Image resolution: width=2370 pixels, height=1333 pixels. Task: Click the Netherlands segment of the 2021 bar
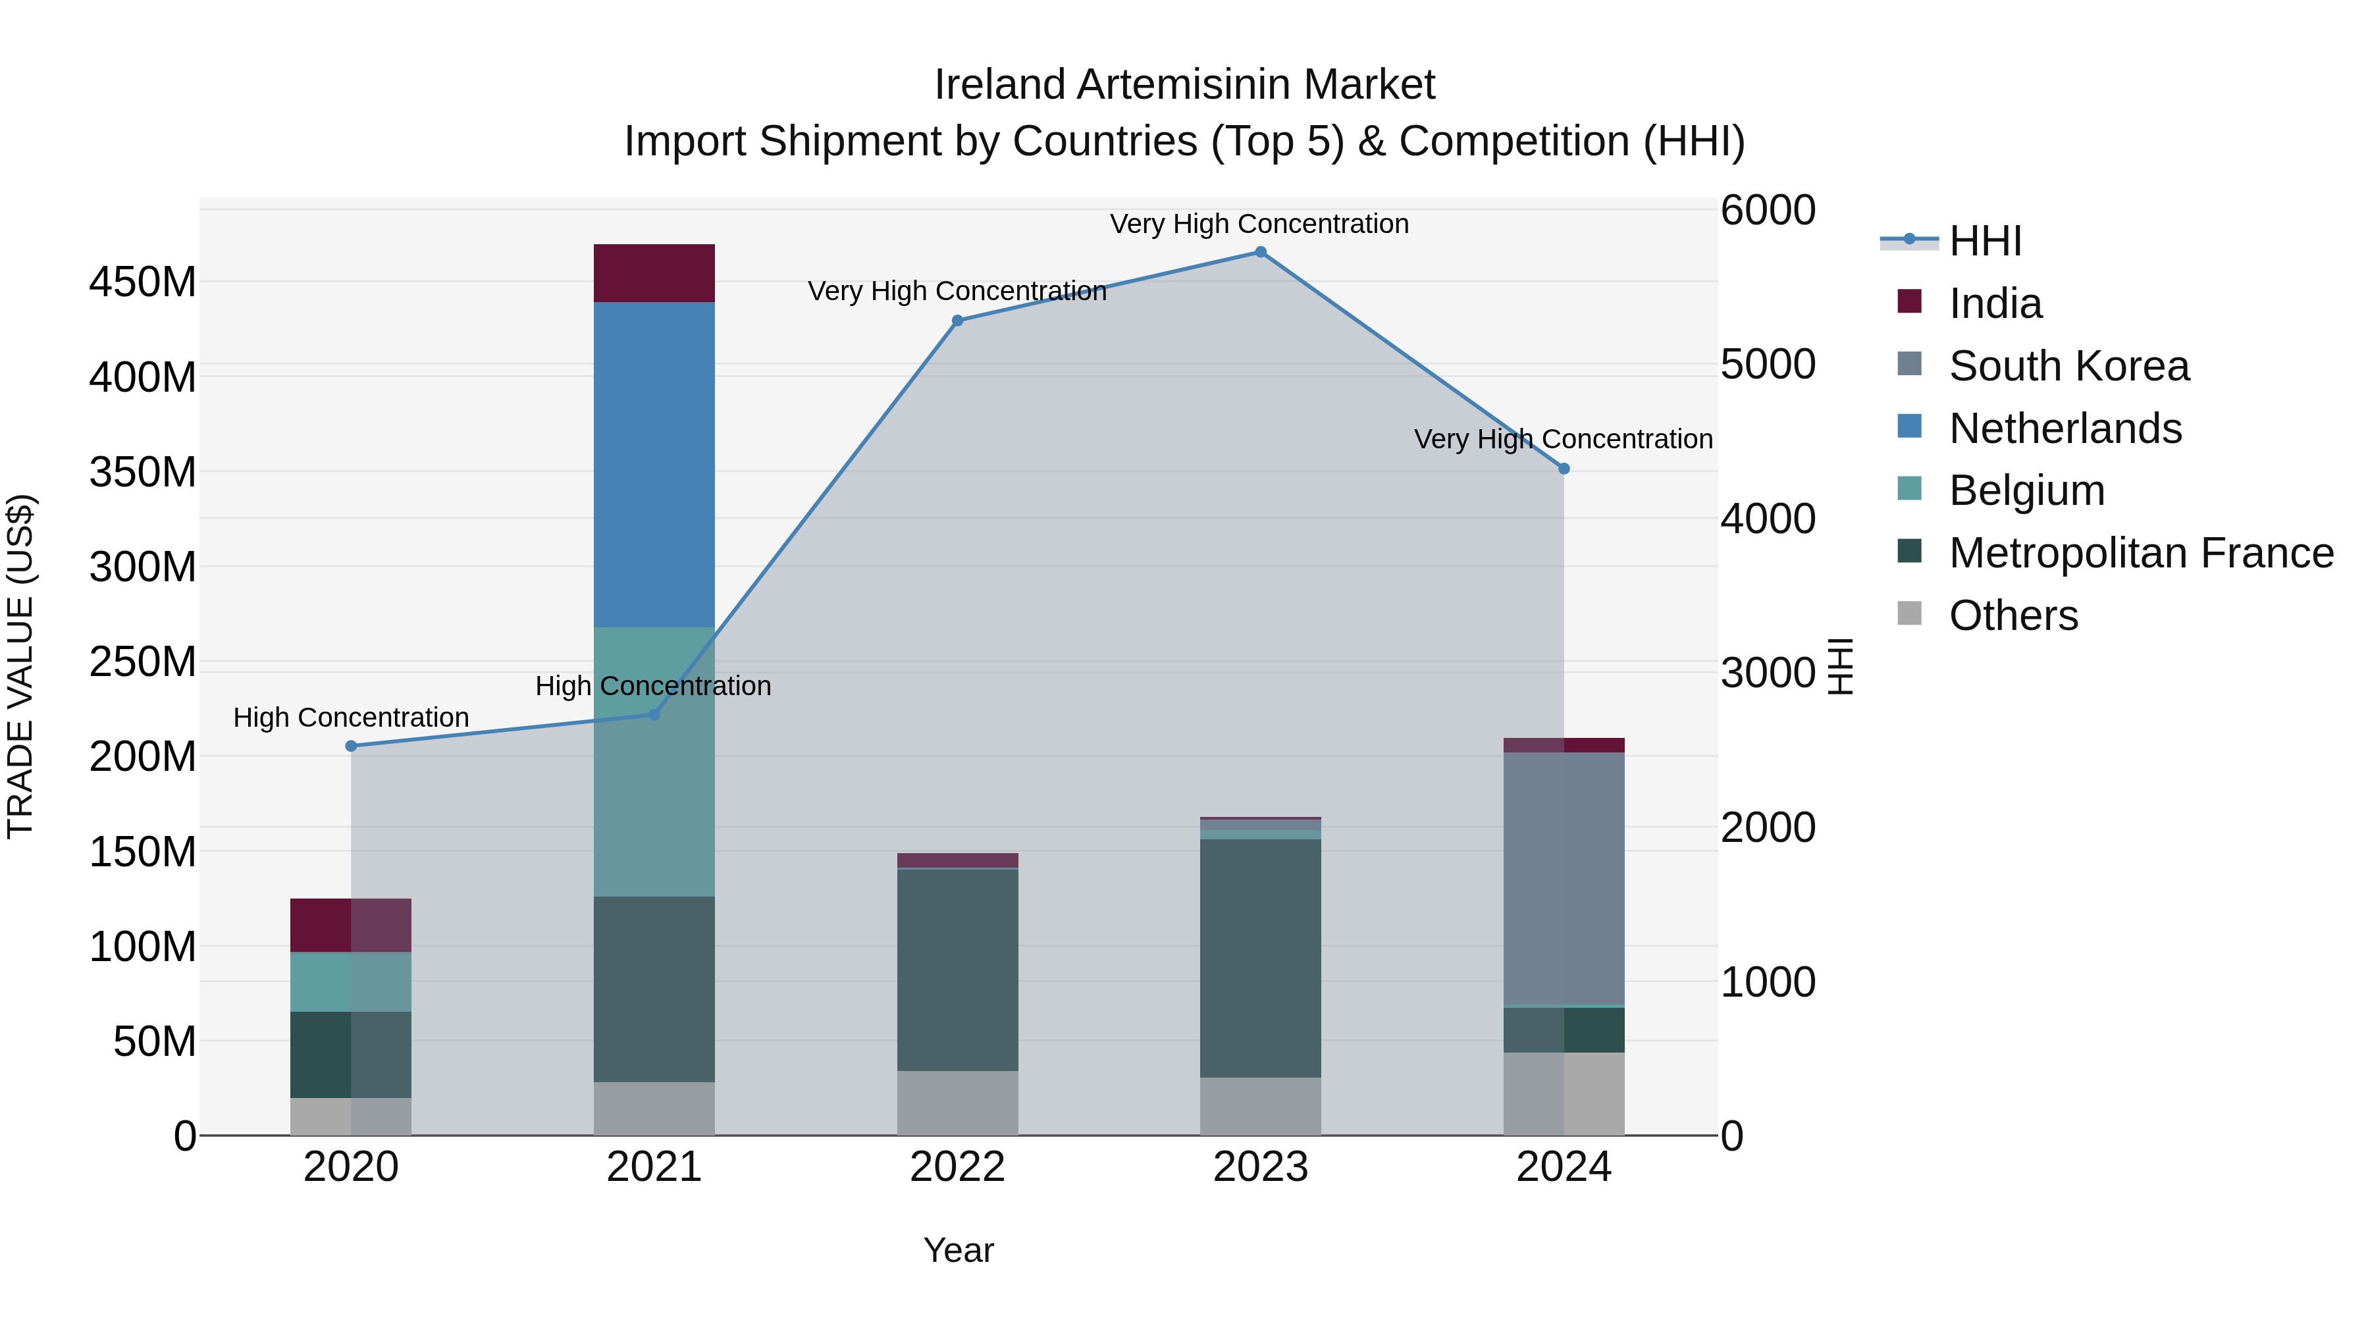tap(654, 465)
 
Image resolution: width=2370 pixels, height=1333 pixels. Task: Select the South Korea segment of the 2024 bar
tap(1563, 879)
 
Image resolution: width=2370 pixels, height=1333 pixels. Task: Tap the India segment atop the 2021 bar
tap(654, 273)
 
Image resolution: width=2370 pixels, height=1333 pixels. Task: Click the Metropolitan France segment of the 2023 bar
tap(1261, 956)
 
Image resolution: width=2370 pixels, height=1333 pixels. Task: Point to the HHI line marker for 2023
tap(1261, 252)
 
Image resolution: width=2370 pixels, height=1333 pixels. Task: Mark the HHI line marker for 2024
tap(1563, 469)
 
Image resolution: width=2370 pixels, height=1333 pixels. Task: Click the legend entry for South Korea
tap(2068, 366)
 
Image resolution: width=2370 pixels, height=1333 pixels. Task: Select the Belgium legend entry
tap(2026, 490)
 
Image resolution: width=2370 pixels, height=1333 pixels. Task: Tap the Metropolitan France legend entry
tap(2140, 553)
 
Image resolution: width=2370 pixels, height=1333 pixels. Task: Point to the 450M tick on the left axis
tap(143, 282)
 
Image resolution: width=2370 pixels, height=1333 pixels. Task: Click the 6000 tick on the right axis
tap(1768, 210)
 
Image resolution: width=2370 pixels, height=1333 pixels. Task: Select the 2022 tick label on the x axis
tap(957, 1167)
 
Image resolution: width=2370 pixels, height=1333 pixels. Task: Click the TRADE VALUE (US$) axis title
tap(20, 666)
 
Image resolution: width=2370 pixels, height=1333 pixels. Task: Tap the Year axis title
tap(958, 1250)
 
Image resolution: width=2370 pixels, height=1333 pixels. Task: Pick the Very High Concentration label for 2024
tap(1563, 440)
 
